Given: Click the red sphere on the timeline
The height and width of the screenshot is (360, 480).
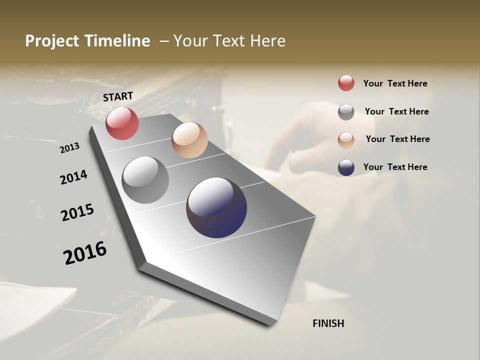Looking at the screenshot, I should tap(122, 123).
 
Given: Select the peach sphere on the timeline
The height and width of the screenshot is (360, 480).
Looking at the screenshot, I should tap(189, 140).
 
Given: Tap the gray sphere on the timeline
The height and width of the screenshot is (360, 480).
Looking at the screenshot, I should tap(145, 180).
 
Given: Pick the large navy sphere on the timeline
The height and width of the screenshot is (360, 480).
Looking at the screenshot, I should tap(216, 207).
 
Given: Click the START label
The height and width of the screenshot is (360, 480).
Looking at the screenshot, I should tap(118, 96).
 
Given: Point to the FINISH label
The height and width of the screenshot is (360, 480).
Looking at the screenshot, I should tap(328, 323).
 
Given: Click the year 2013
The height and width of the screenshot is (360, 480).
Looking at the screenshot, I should tap(69, 148).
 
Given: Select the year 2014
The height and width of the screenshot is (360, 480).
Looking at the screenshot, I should tap(73, 177).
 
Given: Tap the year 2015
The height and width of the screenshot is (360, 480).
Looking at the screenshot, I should tap(77, 212).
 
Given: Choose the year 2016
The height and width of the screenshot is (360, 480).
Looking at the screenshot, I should tap(85, 253).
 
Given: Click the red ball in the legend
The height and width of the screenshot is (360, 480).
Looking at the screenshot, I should tap(346, 83).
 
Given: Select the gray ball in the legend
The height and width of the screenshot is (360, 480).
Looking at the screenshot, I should tap(346, 112).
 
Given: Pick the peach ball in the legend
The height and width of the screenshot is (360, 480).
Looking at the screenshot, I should tap(346, 139).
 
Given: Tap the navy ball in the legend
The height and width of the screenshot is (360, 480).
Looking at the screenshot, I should tap(346, 167).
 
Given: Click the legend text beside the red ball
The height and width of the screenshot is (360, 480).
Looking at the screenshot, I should tap(395, 83).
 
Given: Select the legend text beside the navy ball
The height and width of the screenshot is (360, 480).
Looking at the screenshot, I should tap(395, 167).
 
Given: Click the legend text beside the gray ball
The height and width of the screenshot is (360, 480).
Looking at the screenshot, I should tap(396, 111).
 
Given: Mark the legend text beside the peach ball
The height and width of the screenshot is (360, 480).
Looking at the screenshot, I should tap(397, 139).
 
